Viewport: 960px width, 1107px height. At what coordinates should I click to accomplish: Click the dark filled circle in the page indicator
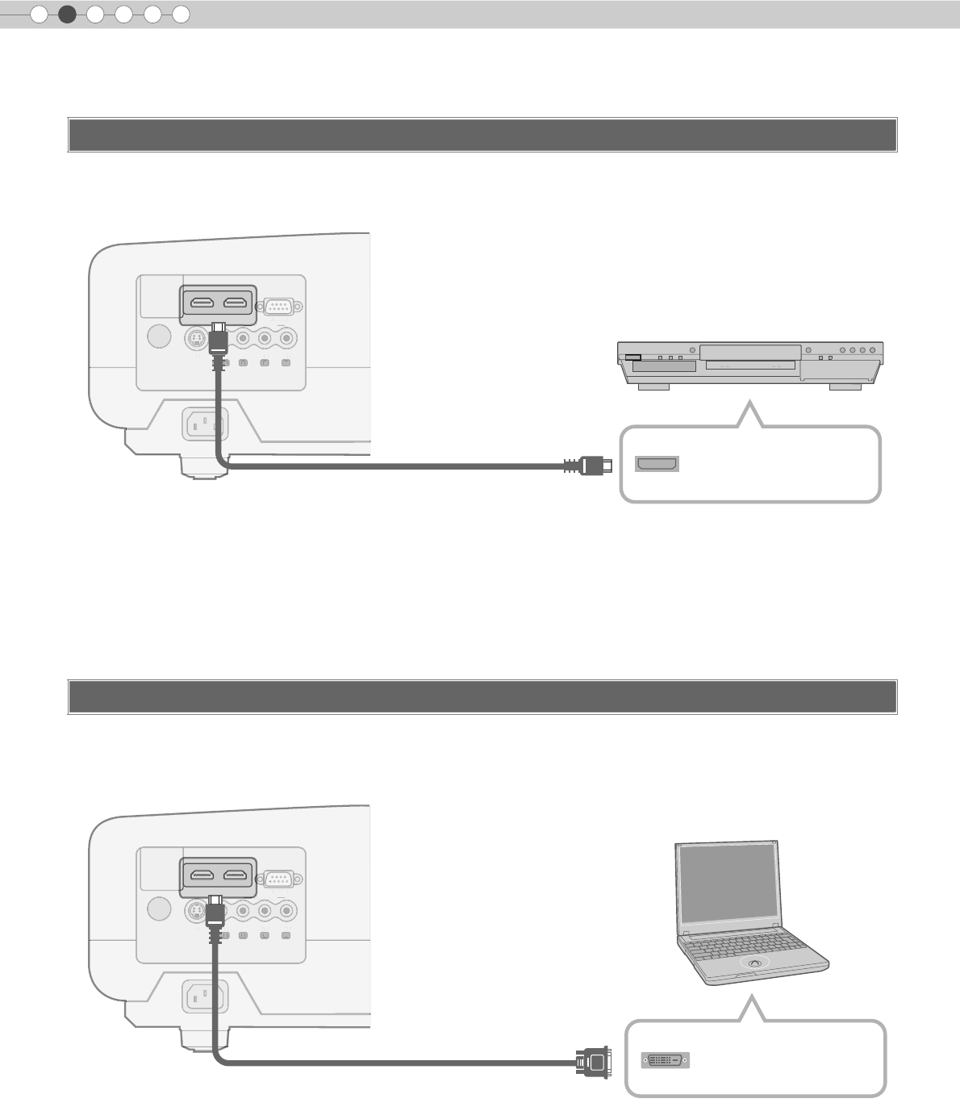coord(67,14)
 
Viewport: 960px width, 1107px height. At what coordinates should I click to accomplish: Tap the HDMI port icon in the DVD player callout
coord(657,464)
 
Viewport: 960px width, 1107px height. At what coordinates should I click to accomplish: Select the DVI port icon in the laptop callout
coord(666,1060)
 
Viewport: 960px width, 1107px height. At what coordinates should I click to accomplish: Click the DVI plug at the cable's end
coord(593,1062)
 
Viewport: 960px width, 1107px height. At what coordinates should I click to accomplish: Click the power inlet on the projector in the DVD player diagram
coord(206,424)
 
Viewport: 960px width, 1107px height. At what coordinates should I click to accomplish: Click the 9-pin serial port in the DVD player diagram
coord(279,307)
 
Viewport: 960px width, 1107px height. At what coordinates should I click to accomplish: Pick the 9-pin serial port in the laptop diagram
coord(279,879)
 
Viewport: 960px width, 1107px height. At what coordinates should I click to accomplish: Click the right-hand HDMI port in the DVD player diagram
coord(236,303)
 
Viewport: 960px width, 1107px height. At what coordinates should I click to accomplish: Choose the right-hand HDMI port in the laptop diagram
coord(236,875)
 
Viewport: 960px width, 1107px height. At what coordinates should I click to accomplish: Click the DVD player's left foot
coord(653,387)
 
